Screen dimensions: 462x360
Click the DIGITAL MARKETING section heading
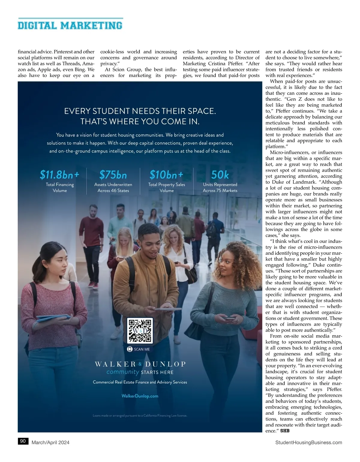point(70,25)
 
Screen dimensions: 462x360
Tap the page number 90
point(23,441)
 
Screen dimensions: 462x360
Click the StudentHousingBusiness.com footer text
point(308,442)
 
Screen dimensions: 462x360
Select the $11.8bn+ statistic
point(60,174)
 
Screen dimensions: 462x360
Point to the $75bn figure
point(113,174)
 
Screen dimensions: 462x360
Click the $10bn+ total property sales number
point(166,174)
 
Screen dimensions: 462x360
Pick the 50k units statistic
point(220,174)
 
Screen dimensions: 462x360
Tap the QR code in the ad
point(140,331)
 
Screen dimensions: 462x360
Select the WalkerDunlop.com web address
point(140,396)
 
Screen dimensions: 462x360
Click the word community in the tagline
point(123,372)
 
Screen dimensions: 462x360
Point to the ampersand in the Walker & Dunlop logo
point(140,364)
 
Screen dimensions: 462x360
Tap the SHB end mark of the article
point(285,431)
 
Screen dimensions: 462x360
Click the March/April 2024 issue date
point(50,442)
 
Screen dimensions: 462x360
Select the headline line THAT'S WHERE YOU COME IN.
point(140,121)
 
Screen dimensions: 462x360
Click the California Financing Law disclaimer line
point(140,416)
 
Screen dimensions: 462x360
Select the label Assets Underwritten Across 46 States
point(113,187)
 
